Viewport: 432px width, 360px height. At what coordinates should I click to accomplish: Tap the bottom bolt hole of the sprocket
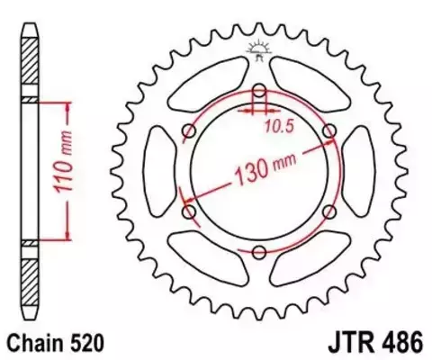(x=259, y=251)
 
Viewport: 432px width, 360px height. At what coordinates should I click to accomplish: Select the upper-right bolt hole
(x=329, y=131)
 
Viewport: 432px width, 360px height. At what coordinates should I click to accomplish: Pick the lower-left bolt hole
(x=189, y=211)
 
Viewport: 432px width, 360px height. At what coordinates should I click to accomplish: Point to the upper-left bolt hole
(x=189, y=131)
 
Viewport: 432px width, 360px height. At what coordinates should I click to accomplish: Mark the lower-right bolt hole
(x=329, y=211)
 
